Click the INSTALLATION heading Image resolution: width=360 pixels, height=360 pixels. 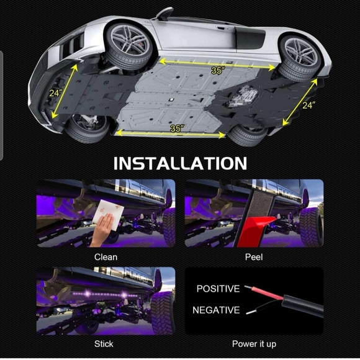[179, 163]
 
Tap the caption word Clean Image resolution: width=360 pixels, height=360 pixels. [106, 256]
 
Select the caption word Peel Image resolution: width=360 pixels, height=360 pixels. [254, 256]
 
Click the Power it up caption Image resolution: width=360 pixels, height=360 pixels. [254, 343]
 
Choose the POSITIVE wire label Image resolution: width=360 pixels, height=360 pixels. [218, 289]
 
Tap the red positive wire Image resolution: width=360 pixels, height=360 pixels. [264, 292]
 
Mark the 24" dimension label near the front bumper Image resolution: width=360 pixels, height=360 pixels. [56, 94]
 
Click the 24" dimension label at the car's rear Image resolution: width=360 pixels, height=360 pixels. [309, 105]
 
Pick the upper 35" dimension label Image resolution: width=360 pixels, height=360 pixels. [217, 71]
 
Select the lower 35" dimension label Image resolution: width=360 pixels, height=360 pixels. [177, 128]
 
